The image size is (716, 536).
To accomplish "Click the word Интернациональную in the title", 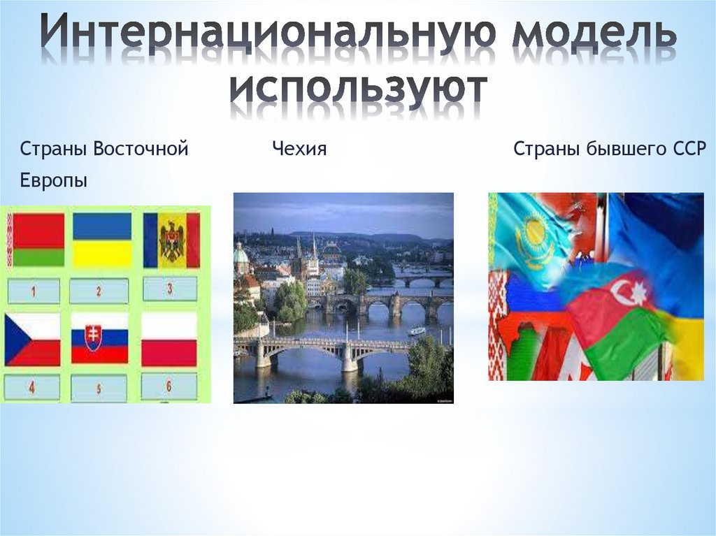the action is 268,31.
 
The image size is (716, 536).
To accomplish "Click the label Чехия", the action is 299,148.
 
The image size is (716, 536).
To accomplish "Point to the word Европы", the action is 53,181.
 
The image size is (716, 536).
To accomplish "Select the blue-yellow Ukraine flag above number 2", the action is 102,239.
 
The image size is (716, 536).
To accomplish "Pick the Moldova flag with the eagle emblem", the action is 171,240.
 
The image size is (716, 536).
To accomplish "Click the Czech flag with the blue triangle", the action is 32,339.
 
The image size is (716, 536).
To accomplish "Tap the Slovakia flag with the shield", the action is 99,339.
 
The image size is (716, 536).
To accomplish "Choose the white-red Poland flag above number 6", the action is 169,339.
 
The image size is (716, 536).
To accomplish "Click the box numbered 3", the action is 171,289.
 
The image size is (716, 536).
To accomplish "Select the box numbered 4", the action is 32,388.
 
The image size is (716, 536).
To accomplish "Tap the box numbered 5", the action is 99,389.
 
